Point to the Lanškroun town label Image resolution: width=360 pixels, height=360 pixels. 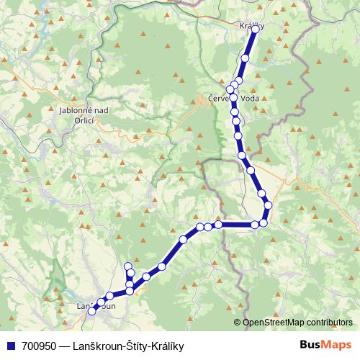tap(96, 307)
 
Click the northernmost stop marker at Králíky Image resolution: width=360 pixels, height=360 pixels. tap(255, 30)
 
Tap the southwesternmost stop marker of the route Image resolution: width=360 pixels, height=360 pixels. tap(91, 311)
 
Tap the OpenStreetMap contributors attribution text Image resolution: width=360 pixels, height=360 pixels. tap(297, 323)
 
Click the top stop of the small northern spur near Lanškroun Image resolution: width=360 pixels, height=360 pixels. tap(129, 266)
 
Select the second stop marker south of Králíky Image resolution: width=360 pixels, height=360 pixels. tap(239, 81)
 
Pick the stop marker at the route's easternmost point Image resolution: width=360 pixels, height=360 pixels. tap(269, 206)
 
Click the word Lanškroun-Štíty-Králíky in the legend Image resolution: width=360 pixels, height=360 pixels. tap(128, 346)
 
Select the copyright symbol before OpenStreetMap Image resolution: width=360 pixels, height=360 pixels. tap(238, 323)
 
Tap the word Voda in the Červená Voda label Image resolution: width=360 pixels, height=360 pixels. tap(247, 99)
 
